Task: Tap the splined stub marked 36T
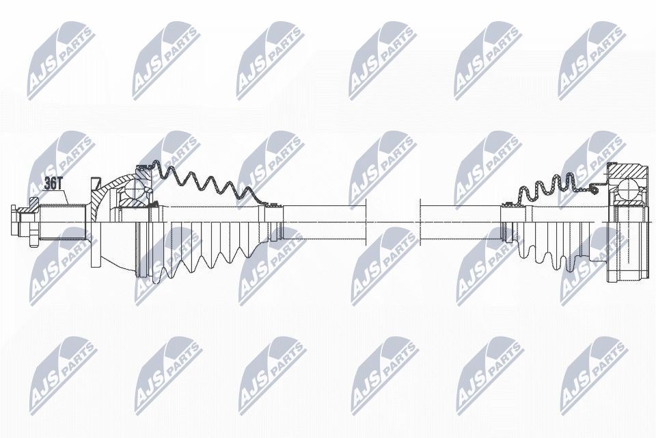click(64, 222)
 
